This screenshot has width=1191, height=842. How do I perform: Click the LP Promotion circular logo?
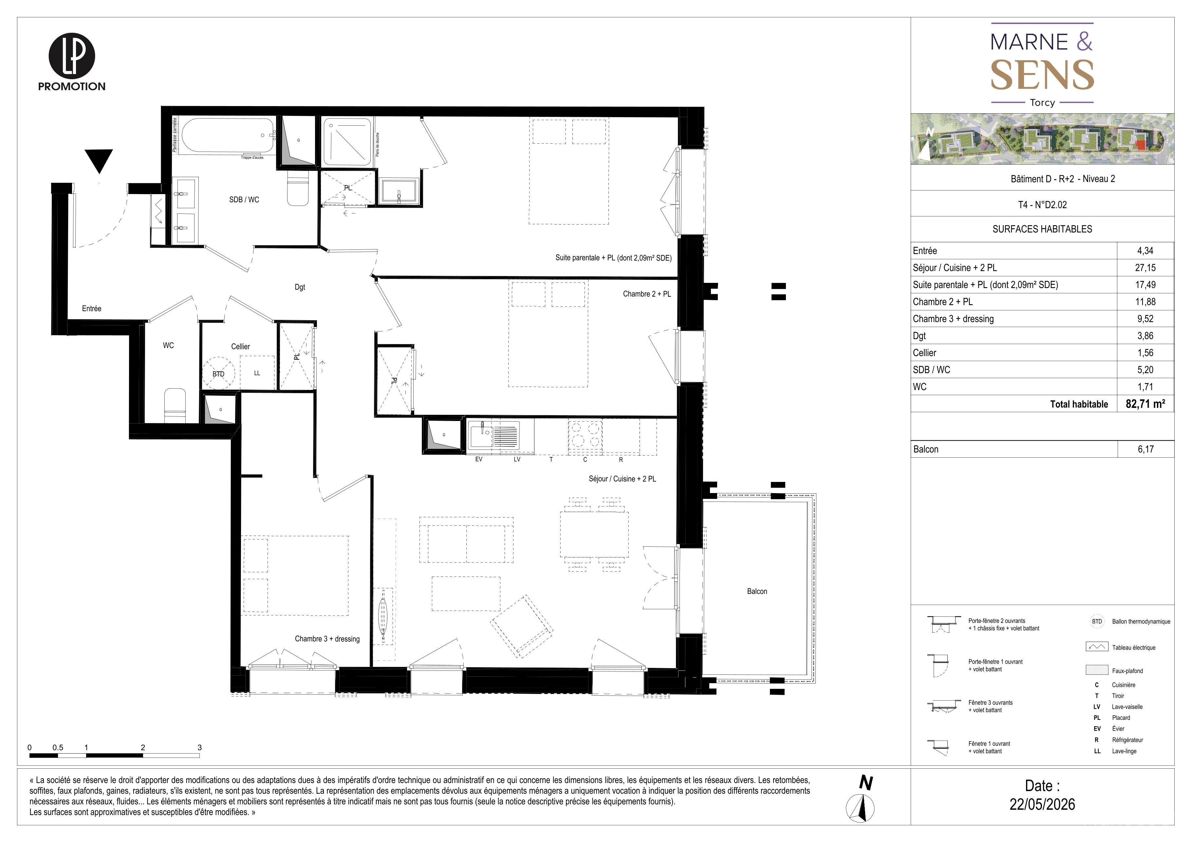tap(72, 56)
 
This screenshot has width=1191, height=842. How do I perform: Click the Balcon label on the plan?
tap(757, 591)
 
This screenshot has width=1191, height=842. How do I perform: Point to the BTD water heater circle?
tap(218, 373)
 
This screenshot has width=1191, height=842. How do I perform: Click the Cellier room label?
tap(240, 346)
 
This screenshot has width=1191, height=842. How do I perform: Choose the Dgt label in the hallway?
tap(300, 287)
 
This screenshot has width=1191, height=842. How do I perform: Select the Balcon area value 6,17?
tap(1145, 449)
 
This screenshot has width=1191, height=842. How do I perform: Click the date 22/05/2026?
tap(1042, 804)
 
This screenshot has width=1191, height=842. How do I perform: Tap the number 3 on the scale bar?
tap(200, 747)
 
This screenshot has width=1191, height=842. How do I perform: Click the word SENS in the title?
tap(1042, 75)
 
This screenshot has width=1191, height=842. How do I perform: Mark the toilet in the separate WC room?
tap(175, 405)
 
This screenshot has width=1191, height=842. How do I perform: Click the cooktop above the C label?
tap(586, 434)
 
